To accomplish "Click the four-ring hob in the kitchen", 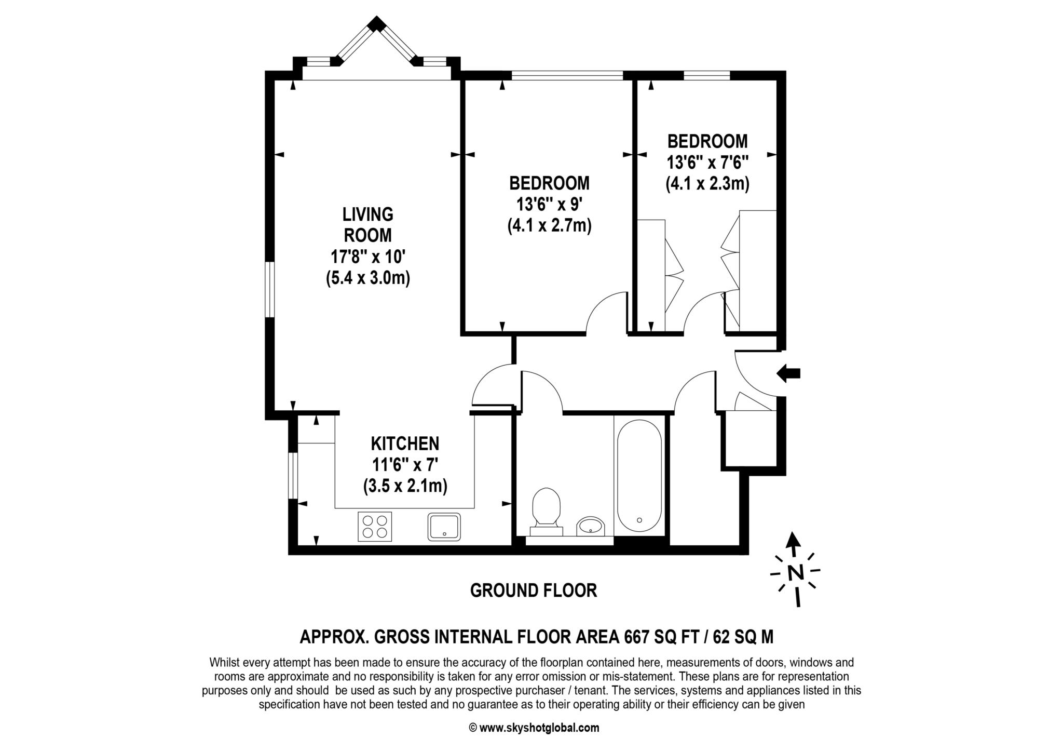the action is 375,527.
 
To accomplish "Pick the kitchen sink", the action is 444,527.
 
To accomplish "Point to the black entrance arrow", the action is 788,373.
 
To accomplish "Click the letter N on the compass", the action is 795,572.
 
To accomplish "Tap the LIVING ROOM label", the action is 368,224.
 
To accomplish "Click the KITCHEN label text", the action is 405,444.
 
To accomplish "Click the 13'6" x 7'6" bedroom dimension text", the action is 707,162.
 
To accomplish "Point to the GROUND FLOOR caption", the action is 534,590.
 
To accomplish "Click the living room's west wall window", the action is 269,289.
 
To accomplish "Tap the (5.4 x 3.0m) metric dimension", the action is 368,278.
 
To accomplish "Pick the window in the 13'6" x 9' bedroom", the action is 567,75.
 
